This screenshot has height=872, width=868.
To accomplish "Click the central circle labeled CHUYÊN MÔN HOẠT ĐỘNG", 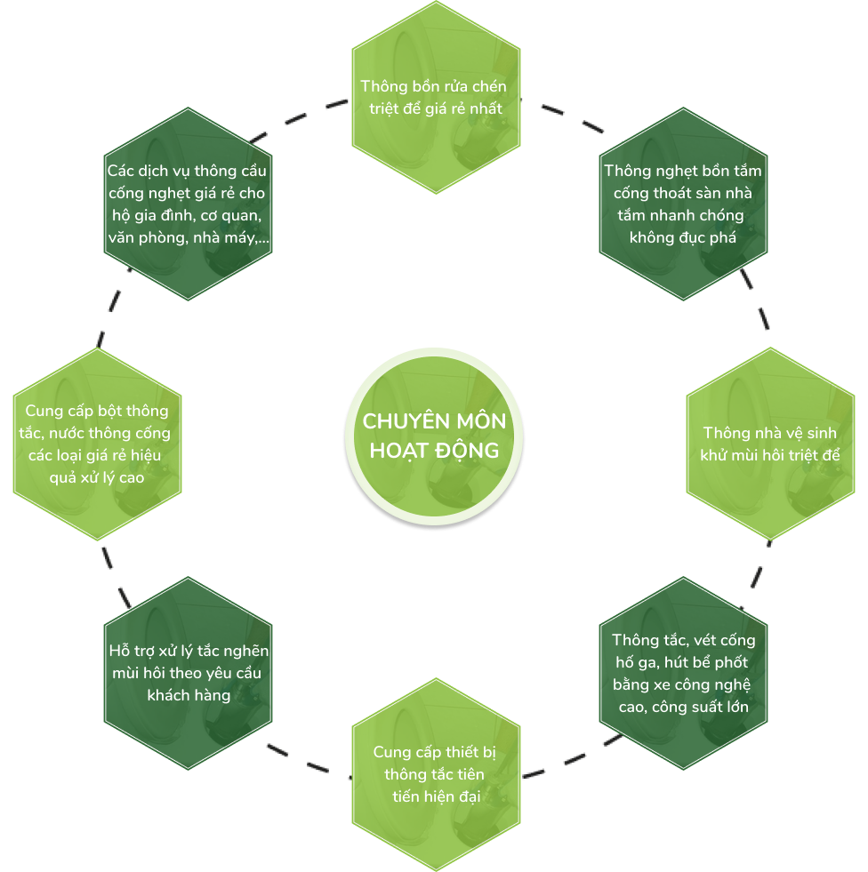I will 434,436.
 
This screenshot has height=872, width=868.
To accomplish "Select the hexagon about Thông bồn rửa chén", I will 436,97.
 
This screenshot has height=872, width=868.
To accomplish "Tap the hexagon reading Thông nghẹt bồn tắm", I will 683,204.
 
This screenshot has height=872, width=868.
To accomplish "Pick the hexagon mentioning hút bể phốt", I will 683,673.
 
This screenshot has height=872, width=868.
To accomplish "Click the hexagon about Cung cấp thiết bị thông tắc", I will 436,774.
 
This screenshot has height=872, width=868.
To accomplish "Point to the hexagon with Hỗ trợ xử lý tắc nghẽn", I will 188,673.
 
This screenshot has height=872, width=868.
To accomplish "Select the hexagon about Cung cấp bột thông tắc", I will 97,443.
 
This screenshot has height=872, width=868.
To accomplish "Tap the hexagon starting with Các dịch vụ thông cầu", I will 188,204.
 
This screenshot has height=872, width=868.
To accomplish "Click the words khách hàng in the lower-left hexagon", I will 189,695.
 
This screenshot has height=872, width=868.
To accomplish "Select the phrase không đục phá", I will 683,237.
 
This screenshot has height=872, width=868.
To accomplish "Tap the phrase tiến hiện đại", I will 437,796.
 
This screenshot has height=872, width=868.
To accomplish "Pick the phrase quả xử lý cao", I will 98,476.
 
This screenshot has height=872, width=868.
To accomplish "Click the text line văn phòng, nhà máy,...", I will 189,237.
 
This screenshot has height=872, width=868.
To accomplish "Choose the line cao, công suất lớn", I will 683,708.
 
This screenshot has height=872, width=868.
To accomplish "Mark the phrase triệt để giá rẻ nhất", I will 437,108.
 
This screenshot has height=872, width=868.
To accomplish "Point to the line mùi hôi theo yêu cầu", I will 189,673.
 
